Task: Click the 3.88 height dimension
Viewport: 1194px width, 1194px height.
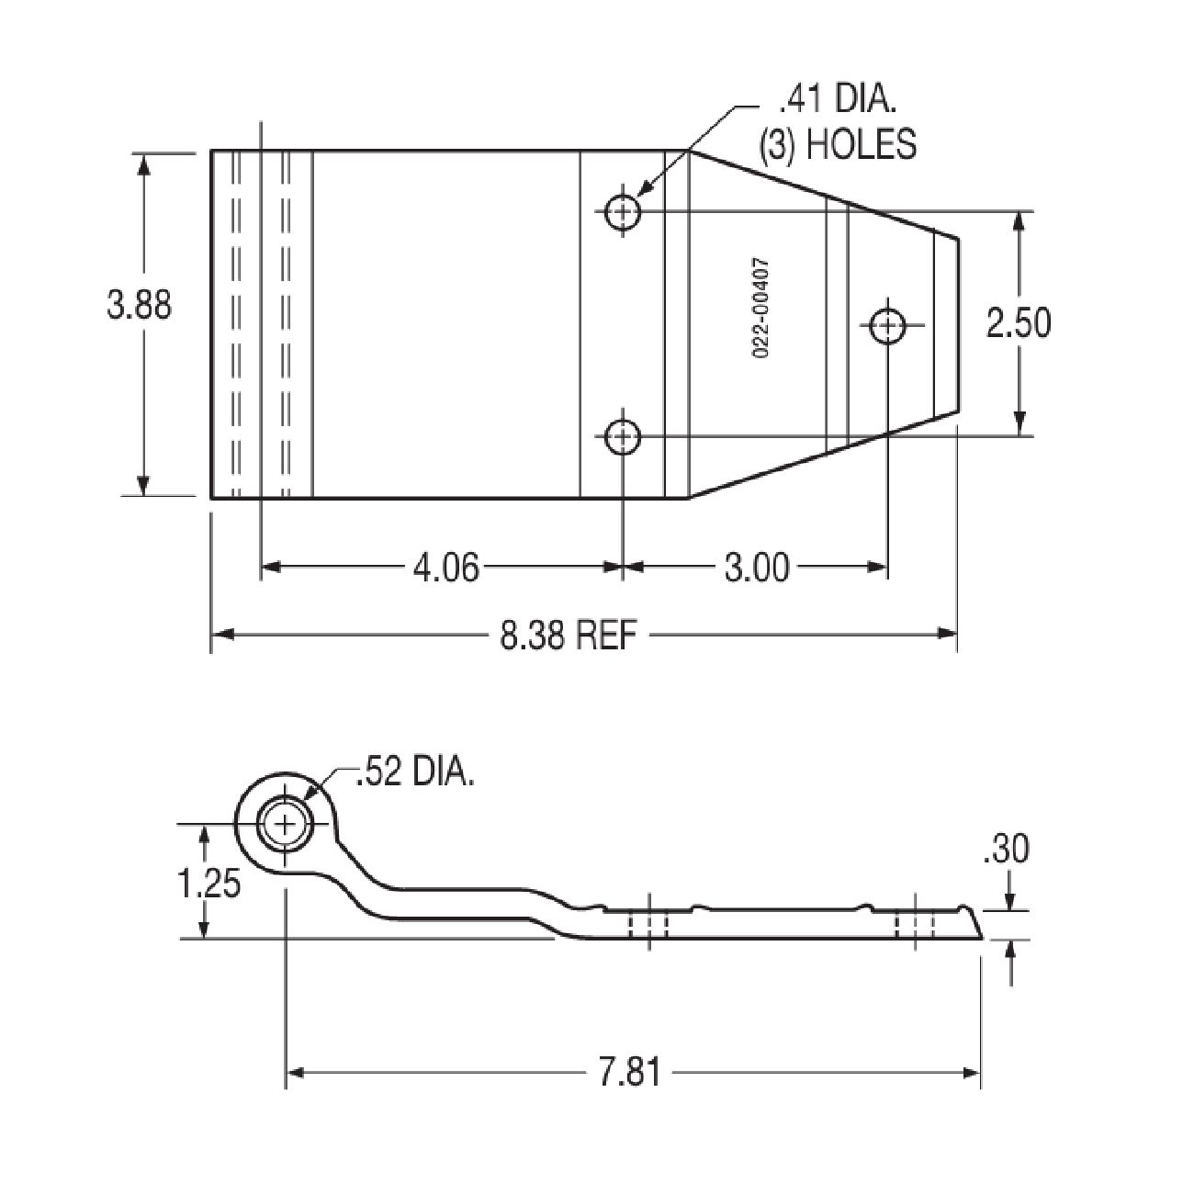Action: point(139,304)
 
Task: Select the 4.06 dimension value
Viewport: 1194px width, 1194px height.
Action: point(445,569)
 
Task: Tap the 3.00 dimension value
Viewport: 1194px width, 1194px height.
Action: point(756,569)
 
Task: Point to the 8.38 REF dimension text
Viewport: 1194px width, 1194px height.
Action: point(568,635)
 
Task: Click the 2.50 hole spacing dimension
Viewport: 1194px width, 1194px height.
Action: point(1018,323)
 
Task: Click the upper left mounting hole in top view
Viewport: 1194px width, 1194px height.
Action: point(623,211)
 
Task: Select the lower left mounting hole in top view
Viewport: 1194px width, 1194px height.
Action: point(623,435)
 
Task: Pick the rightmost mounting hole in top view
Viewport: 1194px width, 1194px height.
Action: point(887,324)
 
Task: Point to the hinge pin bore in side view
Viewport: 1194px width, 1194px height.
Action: point(286,825)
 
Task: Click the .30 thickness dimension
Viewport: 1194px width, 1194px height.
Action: point(1006,850)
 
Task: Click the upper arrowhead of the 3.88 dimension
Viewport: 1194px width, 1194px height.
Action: point(143,162)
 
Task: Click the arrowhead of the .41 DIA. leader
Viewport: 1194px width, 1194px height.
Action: point(641,194)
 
